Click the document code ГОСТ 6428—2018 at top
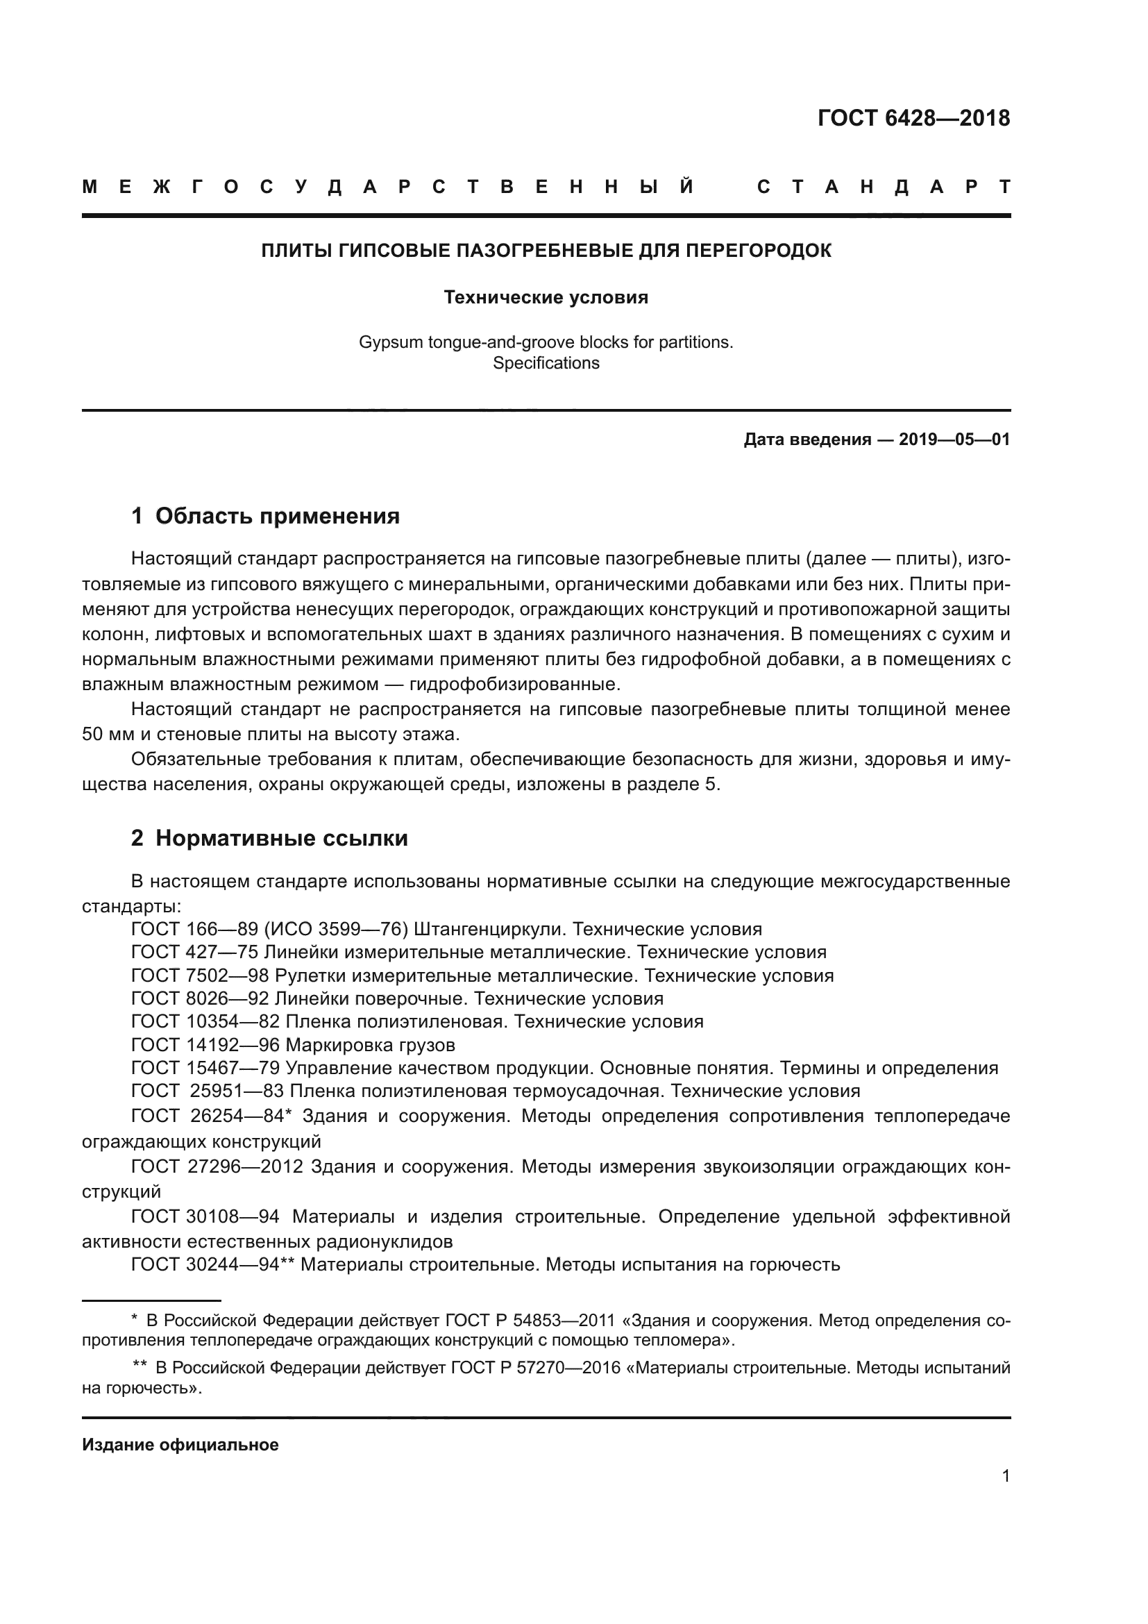click(913, 118)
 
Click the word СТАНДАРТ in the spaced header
click(884, 187)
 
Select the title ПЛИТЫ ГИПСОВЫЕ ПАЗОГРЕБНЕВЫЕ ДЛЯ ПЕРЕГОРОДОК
click(546, 251)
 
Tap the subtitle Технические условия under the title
click(546, 298)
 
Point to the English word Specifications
click(546, 364)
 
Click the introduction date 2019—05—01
click(954, 440)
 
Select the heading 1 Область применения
click(266, 517)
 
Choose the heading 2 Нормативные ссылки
click(269, 838)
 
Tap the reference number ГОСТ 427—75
click(194, 952)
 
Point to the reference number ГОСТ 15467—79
click(205, 1068)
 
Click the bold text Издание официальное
click(180, 1445)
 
